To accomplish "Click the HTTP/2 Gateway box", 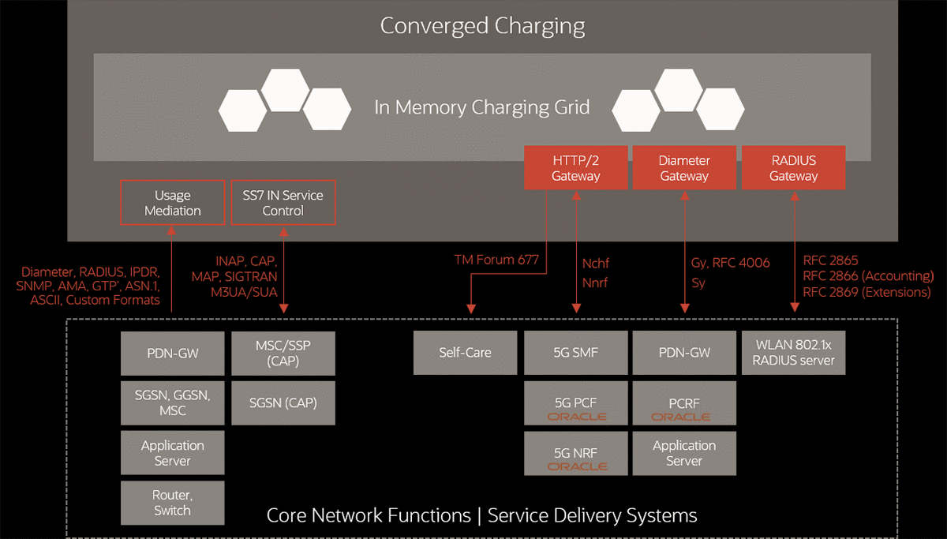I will [x=575, y=168].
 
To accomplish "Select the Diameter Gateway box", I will [x=684, y=168].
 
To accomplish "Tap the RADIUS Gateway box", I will [x=793, y=168].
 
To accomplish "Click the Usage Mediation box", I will [x=172, y=203].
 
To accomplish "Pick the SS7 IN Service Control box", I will [x=283, y=203].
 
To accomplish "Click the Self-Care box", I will [x=465, y=353].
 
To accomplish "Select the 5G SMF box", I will [x=576, y=353].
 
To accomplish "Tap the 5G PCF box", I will [x=576, y=403].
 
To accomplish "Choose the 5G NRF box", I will [x=576, y=453].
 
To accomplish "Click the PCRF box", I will [x=684, y=403].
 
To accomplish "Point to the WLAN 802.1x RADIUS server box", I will [x=793, y=353].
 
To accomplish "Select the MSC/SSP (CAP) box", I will [x=283, y=353].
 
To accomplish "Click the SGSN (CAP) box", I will [x=283, y=402].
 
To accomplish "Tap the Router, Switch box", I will [x=172, y=503].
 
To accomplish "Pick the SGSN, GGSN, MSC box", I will [x=172, y=402].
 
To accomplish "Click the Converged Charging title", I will [x=482, y=26].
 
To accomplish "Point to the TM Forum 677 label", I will [x=495, y=259].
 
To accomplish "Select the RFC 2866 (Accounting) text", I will [x=867, y=276].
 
